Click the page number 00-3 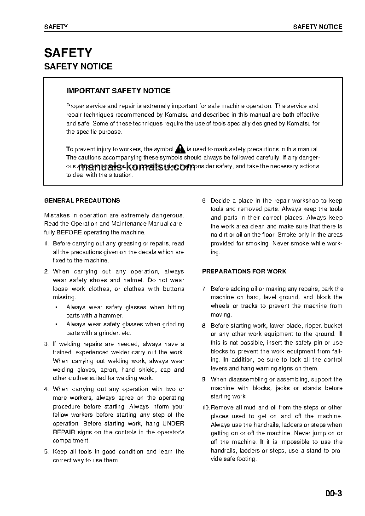[333, 494]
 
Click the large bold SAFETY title [68, 53]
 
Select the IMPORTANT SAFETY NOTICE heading [118, 91]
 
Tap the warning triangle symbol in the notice [180, 149]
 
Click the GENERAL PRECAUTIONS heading [82, 201]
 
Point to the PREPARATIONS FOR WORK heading [244, 272]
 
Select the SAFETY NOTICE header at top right [318, 27]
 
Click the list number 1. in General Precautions [46, 244]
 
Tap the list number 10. [206, 408]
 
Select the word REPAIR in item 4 [64, 432]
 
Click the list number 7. [204, 289]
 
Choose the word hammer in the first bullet [112, 316]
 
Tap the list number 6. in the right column [204, 201]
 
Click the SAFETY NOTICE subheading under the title [78, 67]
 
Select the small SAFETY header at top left [56, 27]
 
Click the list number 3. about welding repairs [46, 344]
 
